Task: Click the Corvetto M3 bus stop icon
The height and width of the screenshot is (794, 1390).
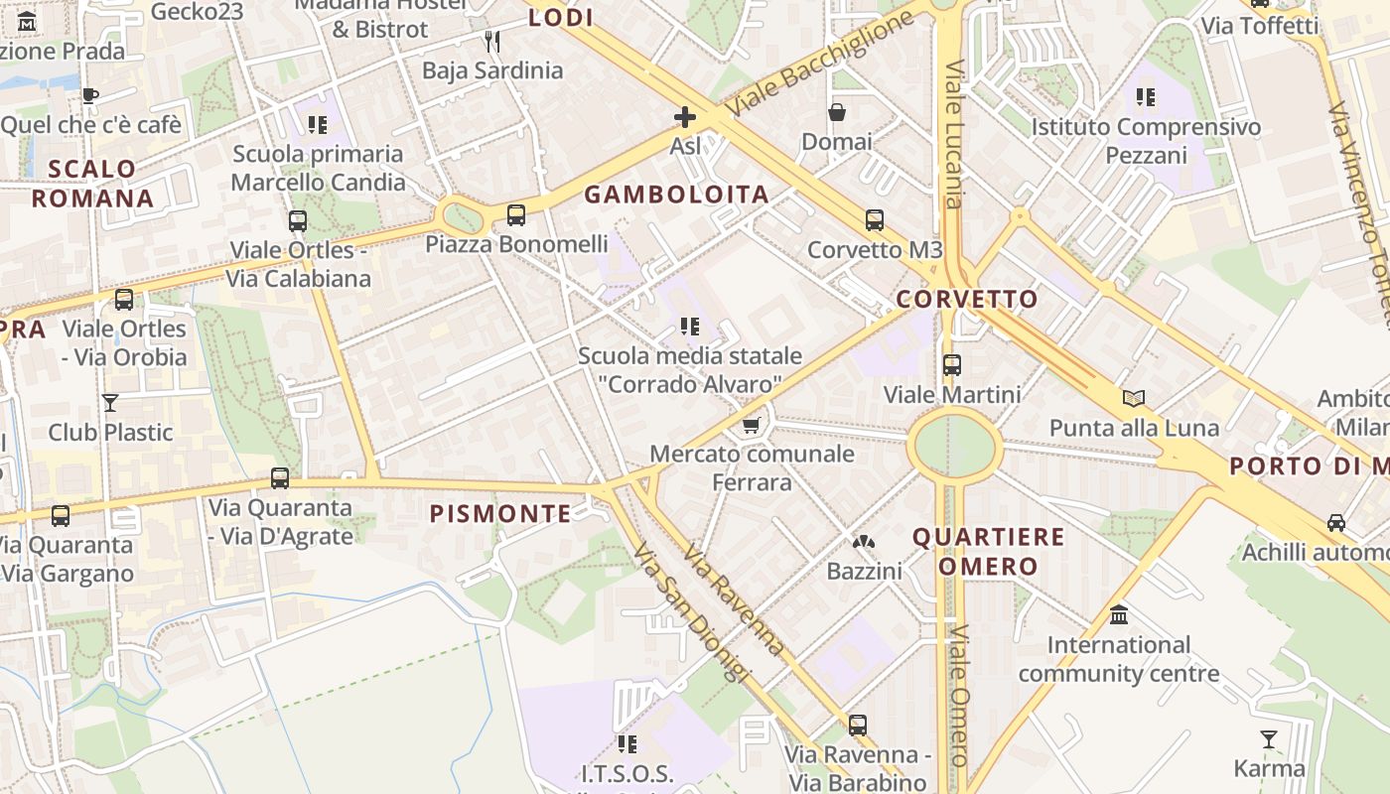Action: pos(875,220)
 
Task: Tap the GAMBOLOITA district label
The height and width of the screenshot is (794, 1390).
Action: pos(676,195)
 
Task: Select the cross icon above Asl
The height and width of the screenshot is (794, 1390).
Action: pos(684,117)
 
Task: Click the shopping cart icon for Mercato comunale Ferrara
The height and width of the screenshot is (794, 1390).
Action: pos(752,426)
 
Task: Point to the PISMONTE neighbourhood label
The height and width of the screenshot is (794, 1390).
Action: pos(500,513)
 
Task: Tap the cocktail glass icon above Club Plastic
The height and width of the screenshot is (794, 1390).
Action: pos(110,403)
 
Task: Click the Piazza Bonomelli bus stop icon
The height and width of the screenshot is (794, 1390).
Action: pos(516,215)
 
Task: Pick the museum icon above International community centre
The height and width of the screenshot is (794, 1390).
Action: pos(1119,615)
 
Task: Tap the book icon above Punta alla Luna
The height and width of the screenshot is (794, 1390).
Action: pos(1134,399)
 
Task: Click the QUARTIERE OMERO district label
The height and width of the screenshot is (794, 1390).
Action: pos(988,552)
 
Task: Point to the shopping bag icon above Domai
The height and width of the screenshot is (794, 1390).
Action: pos(837,112)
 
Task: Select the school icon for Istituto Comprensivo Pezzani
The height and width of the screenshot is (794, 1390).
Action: pos(1146,97)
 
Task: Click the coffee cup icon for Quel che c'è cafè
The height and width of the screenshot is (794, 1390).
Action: pos(90,96)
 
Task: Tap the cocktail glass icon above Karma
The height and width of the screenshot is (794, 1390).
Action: pos(1269,739)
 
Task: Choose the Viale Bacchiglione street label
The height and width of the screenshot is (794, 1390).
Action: pos(820,63)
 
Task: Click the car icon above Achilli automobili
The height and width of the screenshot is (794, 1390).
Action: pos(1336,523)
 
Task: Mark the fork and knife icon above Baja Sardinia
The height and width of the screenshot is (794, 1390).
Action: pos(491,41)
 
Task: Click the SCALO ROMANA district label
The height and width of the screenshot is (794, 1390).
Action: pos(92,184)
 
